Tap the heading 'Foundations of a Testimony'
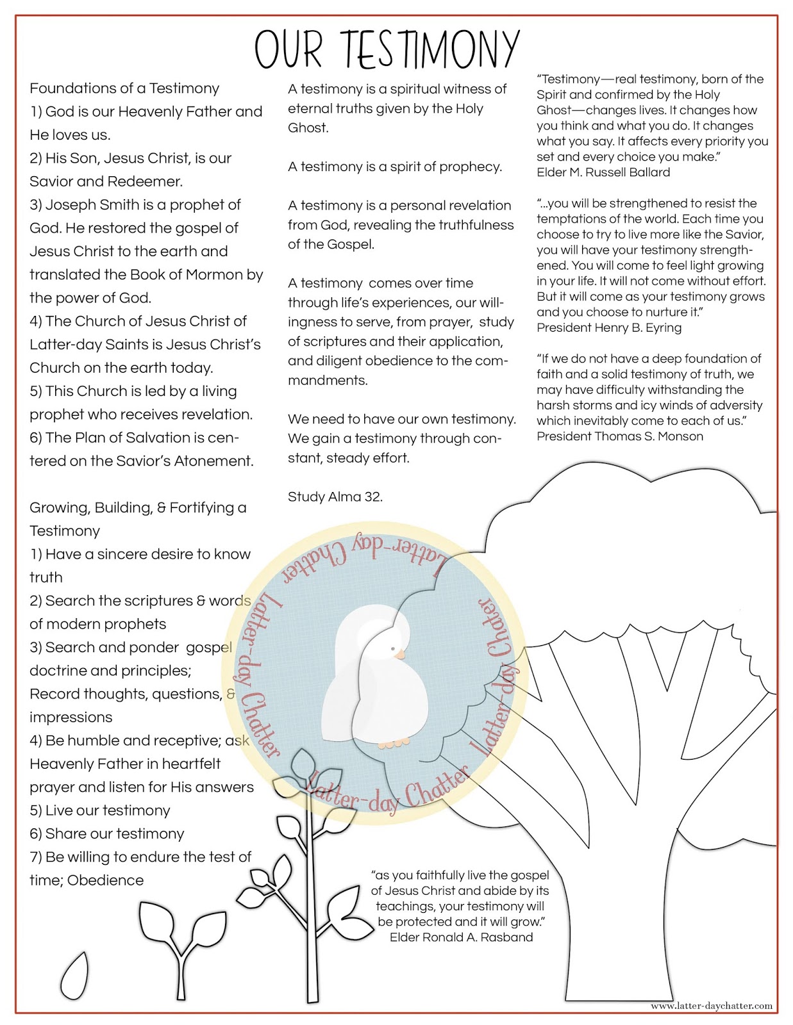point(124,88)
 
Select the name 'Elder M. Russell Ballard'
point(603,172)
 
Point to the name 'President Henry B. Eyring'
point(609,327)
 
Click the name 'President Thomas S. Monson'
point(620,436)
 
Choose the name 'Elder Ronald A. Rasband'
point(461,937)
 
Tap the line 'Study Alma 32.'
point(335,496)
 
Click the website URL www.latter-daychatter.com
point(711,1006)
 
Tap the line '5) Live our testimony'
point(100,810)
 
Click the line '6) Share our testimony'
point(107,833)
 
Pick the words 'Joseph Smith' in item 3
point(92,205)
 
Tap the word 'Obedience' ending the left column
point(105,880)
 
